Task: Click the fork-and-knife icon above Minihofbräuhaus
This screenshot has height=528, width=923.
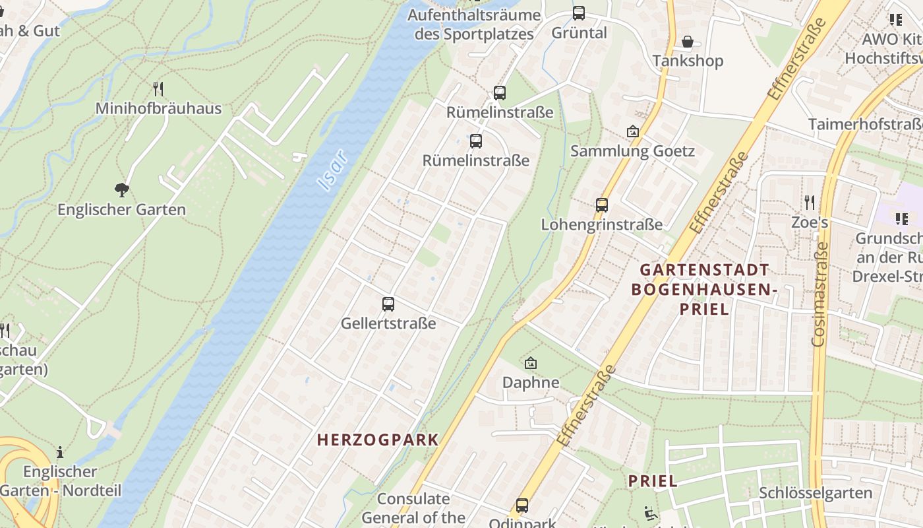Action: pos(158,88)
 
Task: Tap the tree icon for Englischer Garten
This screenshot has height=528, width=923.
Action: pos(121,190)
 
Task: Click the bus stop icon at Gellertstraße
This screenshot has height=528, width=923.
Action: pos(388,304)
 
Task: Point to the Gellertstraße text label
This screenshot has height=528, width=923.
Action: pos(388,323)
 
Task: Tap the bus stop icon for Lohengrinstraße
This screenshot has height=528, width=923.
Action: pos(601,205)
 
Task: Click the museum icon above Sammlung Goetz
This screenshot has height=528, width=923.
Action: pos(633,132)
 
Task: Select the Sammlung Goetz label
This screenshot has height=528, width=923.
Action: pos(632,151)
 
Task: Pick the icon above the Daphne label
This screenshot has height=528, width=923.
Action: pos(531,363)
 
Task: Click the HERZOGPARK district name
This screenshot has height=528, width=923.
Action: pos(378,440)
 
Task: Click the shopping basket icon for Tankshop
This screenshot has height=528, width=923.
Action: pos(688,42)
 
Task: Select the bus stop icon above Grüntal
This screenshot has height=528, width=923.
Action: pos(579,13)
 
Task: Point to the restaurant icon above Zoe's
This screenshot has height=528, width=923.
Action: pos(810,203)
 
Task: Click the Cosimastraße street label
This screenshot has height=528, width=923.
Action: pos(819,294)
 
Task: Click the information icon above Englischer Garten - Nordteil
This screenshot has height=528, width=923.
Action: pos(60,453)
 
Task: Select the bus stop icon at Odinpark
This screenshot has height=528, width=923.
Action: pos(522,506)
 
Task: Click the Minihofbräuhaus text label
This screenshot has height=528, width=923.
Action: pos(158,108)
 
